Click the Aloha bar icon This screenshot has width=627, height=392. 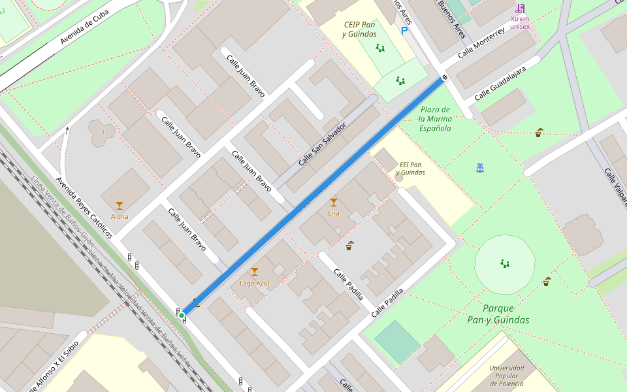coord(120,206)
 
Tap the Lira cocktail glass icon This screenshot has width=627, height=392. coord(334,203)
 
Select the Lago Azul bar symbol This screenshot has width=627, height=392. coord(255,272)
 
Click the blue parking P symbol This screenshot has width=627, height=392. coord(404,30)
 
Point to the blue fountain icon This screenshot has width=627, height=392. coord(480,168)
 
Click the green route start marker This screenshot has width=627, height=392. coord(182,316)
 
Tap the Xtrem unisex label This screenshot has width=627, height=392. coord(520,22)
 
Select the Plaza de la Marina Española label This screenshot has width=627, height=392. coord(435,119)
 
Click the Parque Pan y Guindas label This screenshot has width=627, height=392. coord(498,314)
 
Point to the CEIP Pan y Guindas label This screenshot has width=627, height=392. coord(360,29)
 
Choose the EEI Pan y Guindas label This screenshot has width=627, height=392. coord(410,169)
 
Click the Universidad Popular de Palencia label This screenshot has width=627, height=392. coord(506,376)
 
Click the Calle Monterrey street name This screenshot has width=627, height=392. coord(481,44)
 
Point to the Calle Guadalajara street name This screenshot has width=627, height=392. coord(500,83)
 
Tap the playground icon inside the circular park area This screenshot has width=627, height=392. coord(504,263)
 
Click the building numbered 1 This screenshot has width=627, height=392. coord(103,133)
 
